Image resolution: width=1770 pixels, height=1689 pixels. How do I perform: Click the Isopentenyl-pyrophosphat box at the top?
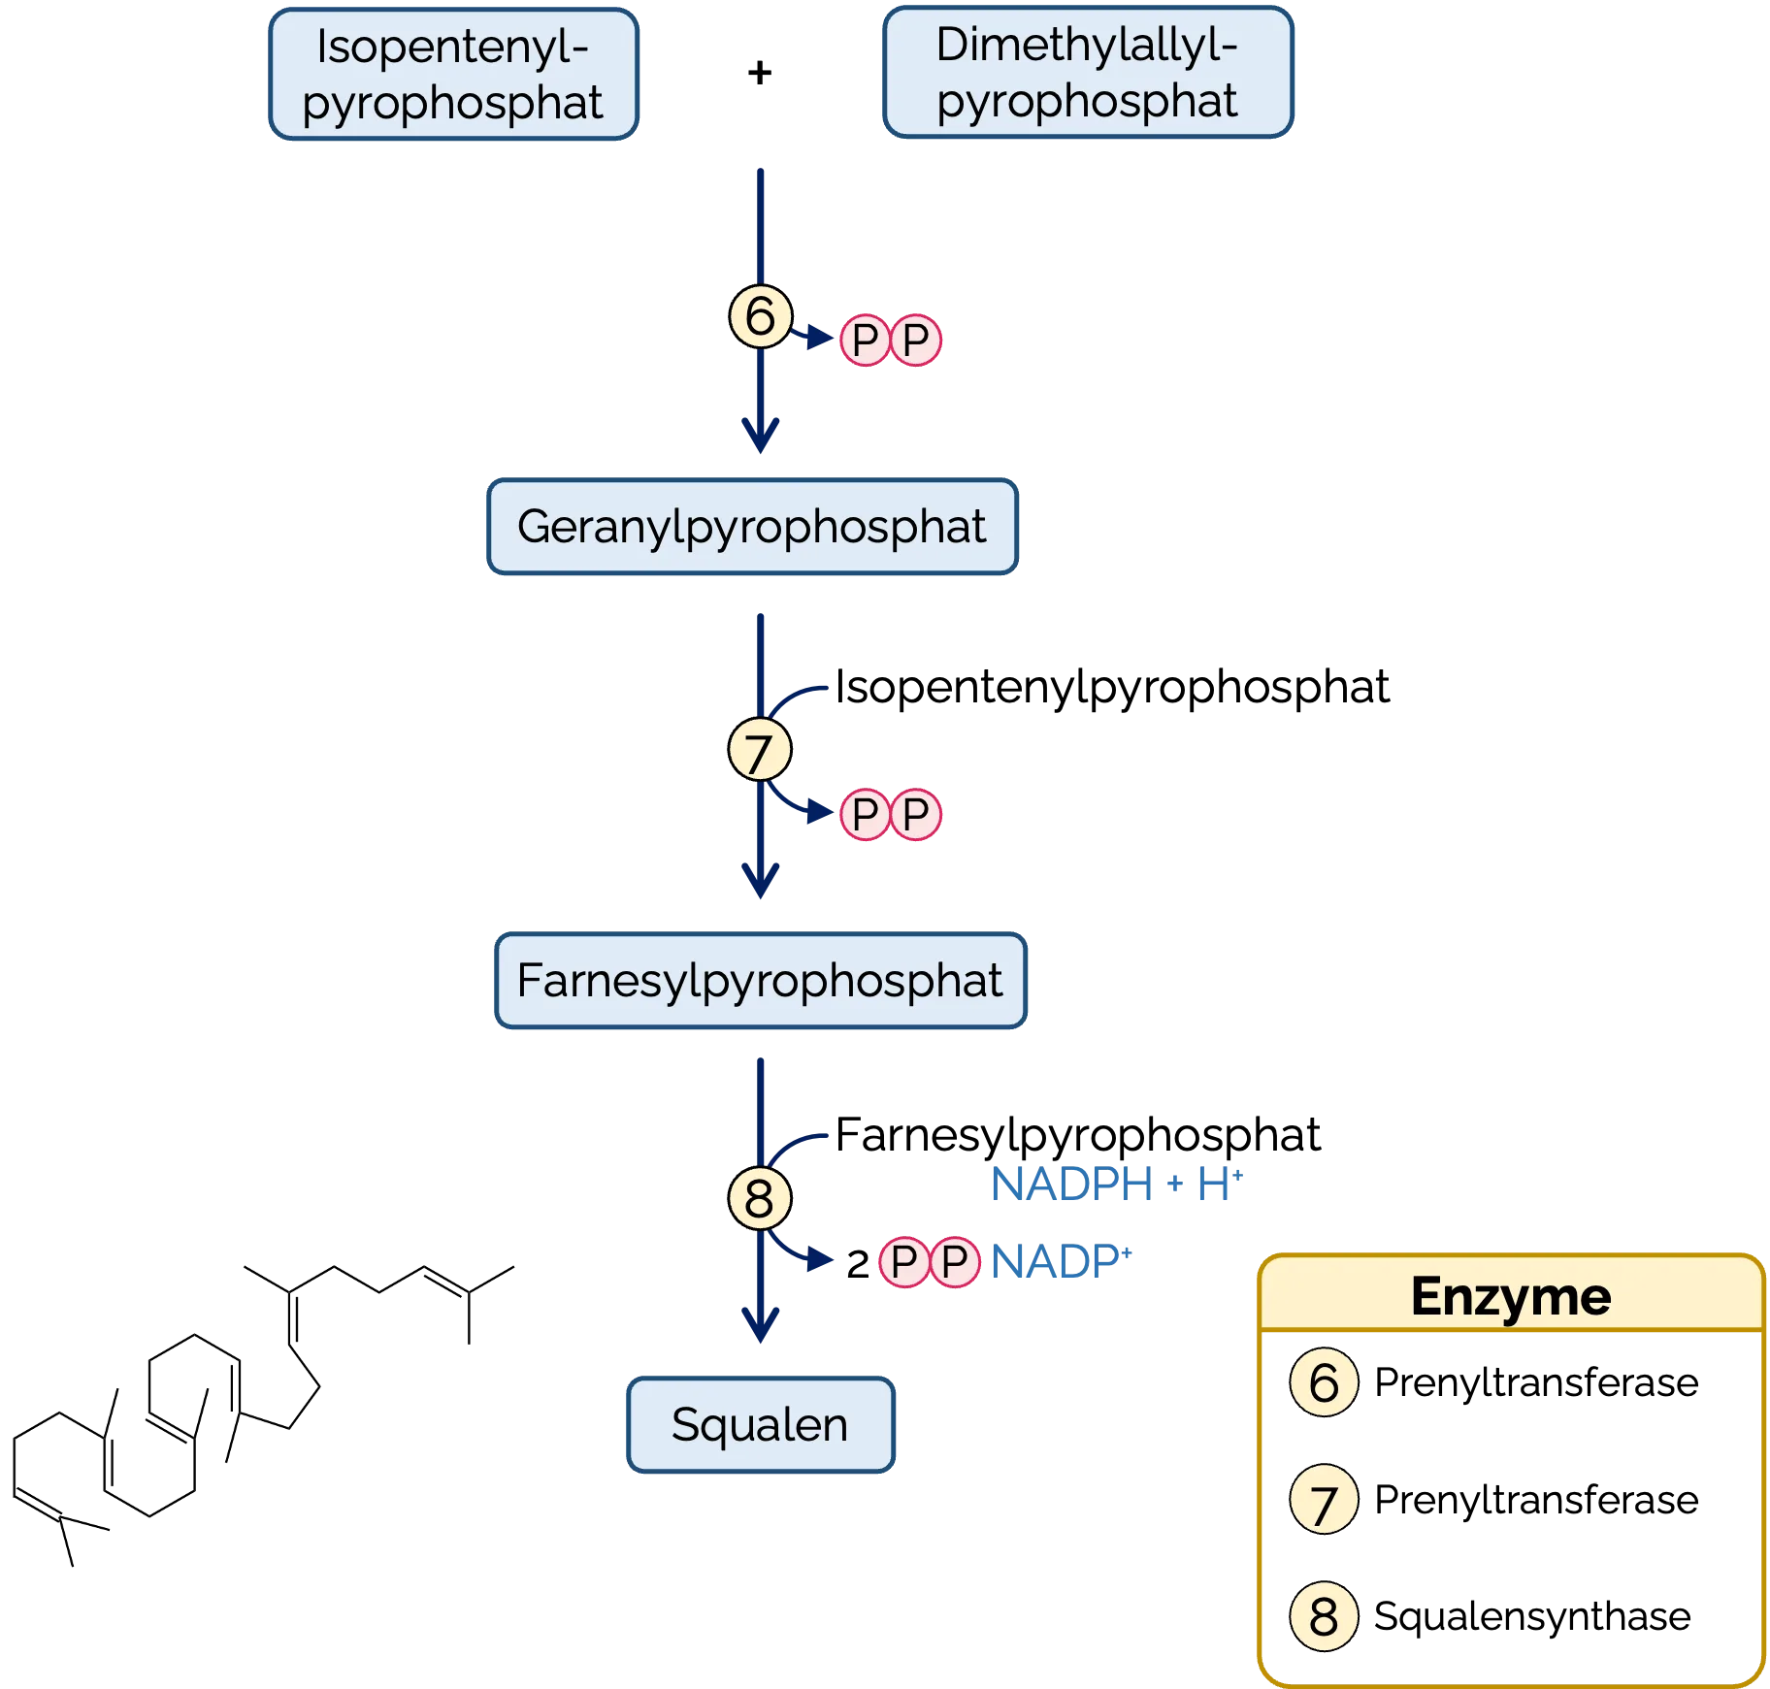pos(453,74)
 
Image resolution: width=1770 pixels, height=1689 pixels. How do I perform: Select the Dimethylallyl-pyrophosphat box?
pos(1088,72)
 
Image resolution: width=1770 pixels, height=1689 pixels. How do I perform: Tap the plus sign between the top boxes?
pos(760,73)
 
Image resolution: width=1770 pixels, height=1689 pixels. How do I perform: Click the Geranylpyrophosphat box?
pos(752,526)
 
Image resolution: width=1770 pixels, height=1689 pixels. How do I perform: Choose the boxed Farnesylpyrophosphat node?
pos(761,980)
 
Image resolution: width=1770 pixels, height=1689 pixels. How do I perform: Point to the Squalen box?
pos(761,1424)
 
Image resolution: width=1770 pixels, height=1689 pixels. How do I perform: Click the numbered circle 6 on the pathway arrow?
pos(761,316)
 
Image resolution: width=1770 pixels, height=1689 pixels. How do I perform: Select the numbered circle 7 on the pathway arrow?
pos(760,750)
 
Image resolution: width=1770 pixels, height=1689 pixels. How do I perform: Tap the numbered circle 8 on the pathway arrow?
pos(760,1198)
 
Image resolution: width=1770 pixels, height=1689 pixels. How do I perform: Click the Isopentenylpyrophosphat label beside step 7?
pos(1112,688)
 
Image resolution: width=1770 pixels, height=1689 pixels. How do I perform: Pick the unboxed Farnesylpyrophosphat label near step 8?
pos(1077,1135)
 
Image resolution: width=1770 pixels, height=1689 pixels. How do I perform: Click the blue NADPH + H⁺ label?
pos(1117,1184)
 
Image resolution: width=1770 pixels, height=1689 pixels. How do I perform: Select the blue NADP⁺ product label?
pos(1062,1262)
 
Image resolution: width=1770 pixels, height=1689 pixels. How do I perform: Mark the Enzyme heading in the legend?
pos(1511,1296)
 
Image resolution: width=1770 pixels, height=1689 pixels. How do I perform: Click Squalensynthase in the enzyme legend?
pos(1532,1616)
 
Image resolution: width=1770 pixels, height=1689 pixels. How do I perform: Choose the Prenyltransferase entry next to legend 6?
pos(1536,1382)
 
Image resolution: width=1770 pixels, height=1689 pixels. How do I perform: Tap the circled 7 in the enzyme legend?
pos(1324,1499)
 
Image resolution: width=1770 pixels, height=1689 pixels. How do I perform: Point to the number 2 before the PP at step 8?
pos(857,1264)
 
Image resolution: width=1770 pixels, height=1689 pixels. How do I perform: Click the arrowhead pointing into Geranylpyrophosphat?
pos(761,436)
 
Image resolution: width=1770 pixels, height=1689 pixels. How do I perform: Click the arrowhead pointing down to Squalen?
pos(761,1325)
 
